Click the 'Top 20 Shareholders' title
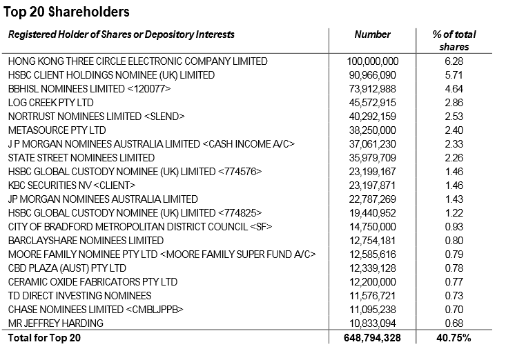coord(66,12)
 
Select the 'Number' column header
coord(372,34)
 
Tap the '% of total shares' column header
coord(454,41)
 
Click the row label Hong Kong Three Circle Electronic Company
coord(137,61)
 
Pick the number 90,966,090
coord(372,75)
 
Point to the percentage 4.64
coord(454,89)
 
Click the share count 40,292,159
coord(372,117)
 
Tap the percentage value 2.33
coord(454,144)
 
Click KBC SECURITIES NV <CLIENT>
coord(72,186)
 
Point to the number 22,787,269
coord(372,199)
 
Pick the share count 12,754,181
coord(372,241)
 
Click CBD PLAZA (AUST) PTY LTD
coord(67,268)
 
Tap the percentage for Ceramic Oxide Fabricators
coord(454,282)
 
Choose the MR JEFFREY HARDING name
coord(55,323)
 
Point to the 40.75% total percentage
coord(454,339)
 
